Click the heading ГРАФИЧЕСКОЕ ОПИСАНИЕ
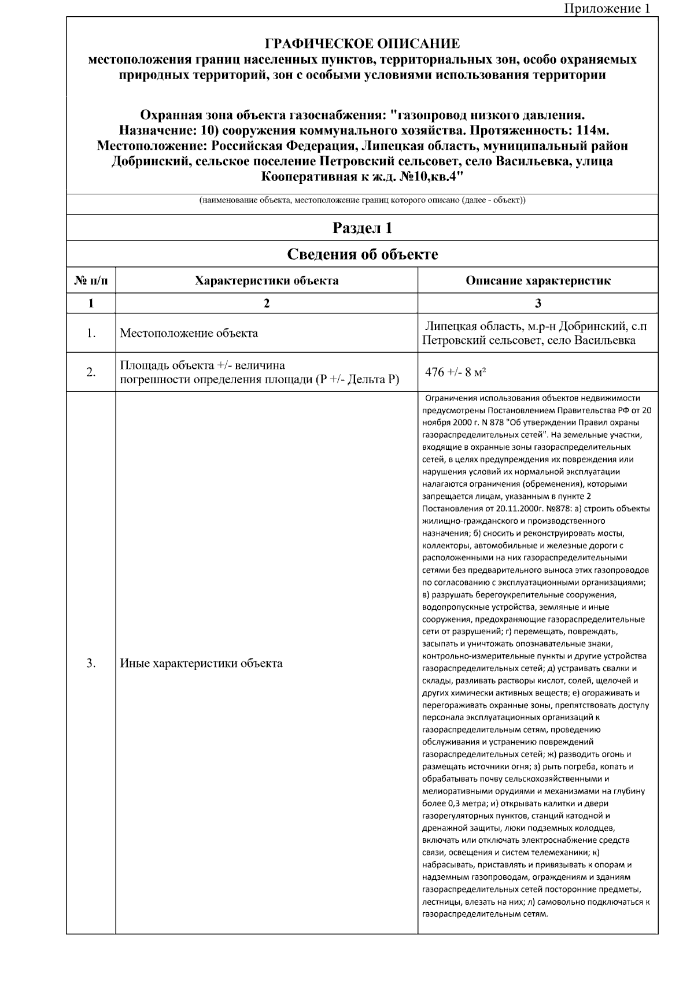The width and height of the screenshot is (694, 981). [362, 44]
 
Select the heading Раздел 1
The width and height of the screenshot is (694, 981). [362, 228]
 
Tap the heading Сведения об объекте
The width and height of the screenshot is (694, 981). [362, 254]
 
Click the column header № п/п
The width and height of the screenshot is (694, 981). [91, 281]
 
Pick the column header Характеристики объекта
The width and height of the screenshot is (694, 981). [267, 281]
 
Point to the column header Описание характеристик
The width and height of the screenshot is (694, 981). [538, 281]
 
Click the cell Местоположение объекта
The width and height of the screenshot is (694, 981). [189, 334]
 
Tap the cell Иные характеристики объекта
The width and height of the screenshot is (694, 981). [201, 663]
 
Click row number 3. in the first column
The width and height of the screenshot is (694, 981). [91, 663]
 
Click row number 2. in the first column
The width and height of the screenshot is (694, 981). [91, 372]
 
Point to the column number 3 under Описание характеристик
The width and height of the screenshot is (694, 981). [538, 303]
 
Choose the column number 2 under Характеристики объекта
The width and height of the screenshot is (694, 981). [267, 303]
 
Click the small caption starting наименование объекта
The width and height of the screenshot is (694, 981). [362, 201]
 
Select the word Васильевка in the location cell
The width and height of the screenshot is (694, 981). [604, 340]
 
